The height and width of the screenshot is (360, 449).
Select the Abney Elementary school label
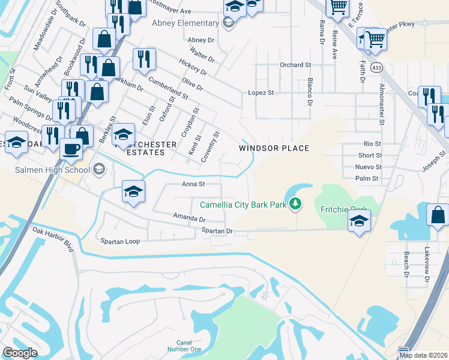pos(185,23)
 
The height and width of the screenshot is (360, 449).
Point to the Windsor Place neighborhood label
pos(274,148)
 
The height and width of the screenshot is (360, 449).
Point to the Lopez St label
pos(261,93)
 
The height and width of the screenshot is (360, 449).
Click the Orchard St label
pos(295,65)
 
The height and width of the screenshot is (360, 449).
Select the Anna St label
pos(194,185)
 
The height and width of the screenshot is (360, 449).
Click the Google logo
pos(20,353)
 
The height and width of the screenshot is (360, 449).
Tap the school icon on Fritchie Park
pos(359,221)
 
